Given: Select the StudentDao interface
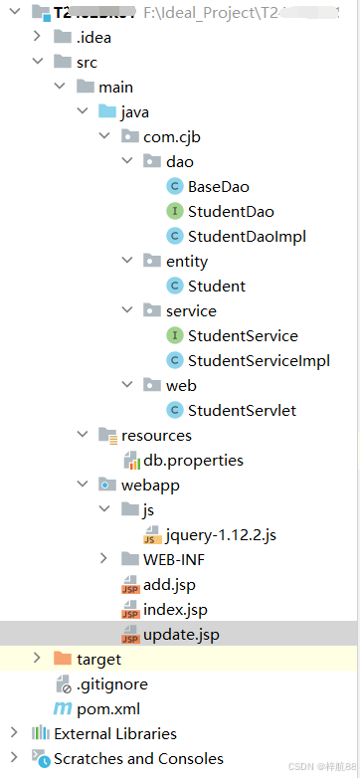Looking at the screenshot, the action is [x=230, y=211].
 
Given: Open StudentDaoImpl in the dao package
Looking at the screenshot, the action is [x=246, y=236].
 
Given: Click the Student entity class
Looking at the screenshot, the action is [x=216, y=286].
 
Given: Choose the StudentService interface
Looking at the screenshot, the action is [x=242, y=335].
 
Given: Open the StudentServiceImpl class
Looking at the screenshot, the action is [x=258, y=360].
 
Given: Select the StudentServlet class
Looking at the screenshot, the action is [x=242, y=410].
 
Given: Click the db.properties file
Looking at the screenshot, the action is [x=193, y=460].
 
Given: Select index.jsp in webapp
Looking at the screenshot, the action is [x=175, y=609].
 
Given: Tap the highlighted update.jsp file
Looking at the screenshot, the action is [x=181, y=634].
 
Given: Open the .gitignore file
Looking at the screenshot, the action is [x=111, y=683].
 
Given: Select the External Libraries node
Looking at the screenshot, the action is [x=114, y=733].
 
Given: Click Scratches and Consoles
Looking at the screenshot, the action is [x=137, y=758].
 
